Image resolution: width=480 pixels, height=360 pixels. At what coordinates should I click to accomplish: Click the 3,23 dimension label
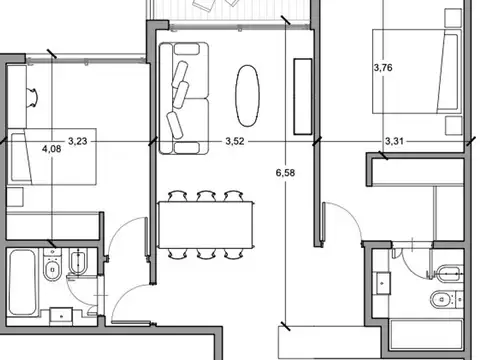coord(78,141)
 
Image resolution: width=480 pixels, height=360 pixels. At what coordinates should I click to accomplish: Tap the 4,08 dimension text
coord(52,148)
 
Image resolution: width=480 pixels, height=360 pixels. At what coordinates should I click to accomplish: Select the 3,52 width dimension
coord(235,141)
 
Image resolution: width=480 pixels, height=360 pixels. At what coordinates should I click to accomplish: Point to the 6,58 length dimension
coord(285,173)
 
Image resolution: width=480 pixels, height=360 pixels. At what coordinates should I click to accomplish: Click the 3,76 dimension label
coord(383,68)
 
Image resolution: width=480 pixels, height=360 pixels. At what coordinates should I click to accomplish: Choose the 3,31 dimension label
coord(394,141)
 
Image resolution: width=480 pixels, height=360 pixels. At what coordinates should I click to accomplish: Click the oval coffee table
coord(247,96)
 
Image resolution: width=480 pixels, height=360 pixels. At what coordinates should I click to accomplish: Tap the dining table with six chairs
coord(206,225)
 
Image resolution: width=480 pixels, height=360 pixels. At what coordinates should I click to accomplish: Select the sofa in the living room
coord(184,98)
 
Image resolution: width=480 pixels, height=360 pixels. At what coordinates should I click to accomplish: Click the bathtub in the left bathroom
coord(22,283)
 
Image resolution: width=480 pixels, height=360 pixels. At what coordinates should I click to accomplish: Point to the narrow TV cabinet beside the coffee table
coord(303,97)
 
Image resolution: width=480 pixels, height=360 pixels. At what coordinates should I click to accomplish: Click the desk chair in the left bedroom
coord(33,98)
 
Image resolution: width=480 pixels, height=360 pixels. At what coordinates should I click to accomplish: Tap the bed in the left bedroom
coord(52,157)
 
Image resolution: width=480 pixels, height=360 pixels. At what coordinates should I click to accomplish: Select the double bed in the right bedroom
coord(417,72)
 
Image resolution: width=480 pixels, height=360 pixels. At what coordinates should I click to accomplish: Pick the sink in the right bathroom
coord(383,283)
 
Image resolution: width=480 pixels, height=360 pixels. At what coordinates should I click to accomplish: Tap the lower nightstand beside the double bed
coord(454,126)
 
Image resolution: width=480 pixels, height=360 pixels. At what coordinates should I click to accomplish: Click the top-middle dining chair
coord(206,196)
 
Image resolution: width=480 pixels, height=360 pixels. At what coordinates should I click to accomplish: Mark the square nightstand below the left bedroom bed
coord(15,197)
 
